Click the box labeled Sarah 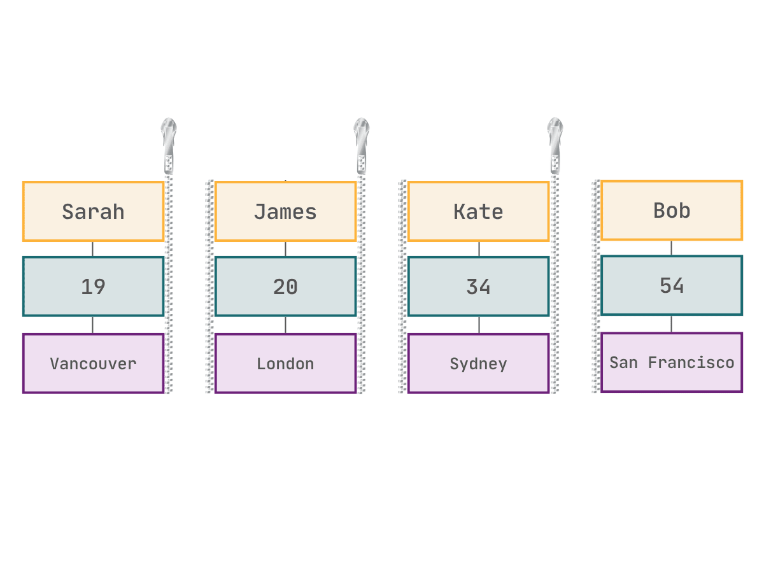coord(93,211)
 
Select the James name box coord(285,211)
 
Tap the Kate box coord(478,211)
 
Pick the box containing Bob coord(672,211)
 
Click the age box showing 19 coord(93,286)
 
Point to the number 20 coord(285,286)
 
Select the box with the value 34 coord(478,286)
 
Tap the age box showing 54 coord(672,285)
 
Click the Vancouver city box coord(93,364)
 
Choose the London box coord(285,364)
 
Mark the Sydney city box coord(478,364)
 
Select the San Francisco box coord(672,362)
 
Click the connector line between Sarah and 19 coord(92,249)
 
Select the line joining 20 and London coord(285,325)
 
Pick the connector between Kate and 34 coord(479,249)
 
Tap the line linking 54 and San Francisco coord(671,324)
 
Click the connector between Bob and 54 coord(671,248)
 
